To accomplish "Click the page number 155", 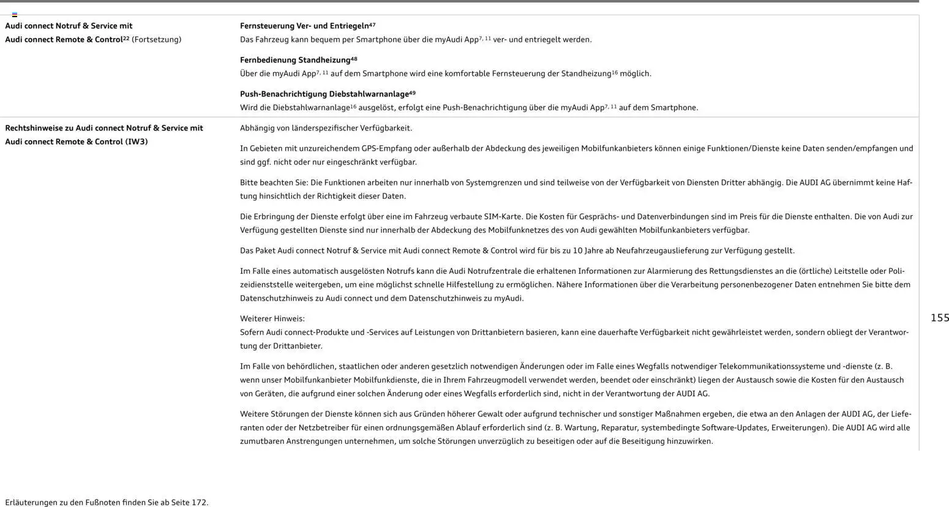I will (939, 318).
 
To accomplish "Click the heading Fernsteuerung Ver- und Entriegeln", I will (304, 26).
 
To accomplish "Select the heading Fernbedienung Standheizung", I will (295, 60).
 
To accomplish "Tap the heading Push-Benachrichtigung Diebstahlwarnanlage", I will (324, 94).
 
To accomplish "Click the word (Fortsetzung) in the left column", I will (157, 40).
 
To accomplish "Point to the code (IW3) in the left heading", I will (137, 142).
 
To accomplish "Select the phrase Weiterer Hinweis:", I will (272, 319).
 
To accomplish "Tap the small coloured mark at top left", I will (15, 14).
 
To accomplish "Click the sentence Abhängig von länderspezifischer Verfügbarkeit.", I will (326, 129).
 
